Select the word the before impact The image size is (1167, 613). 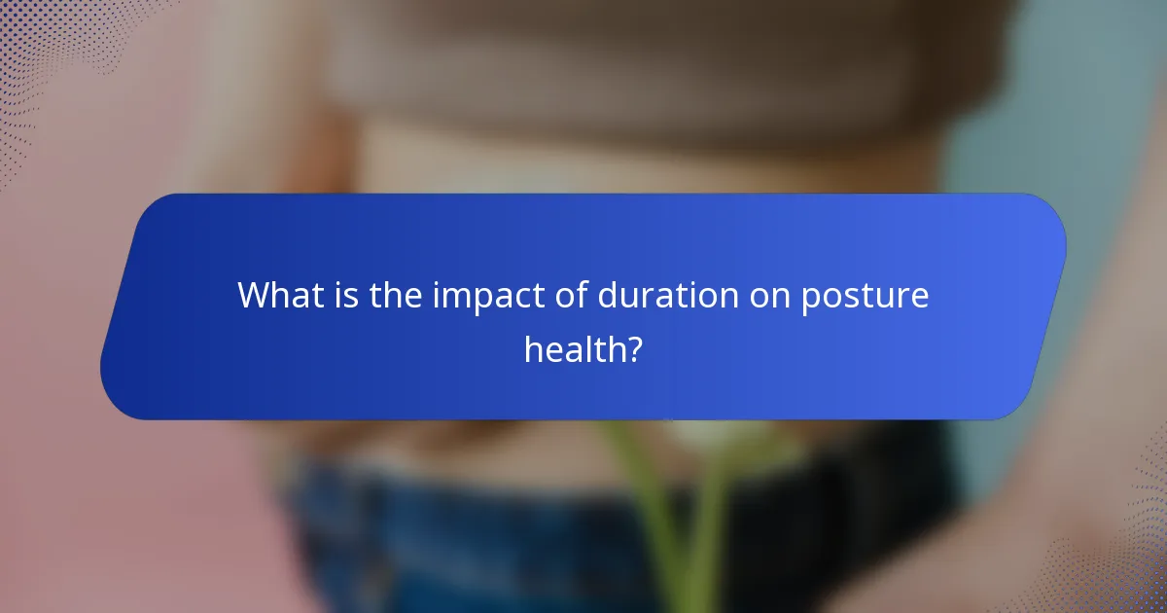click(x=396, y=295)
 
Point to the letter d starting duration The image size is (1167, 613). click(x=607, y=295)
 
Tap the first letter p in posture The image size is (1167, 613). click(x=811, y=299)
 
